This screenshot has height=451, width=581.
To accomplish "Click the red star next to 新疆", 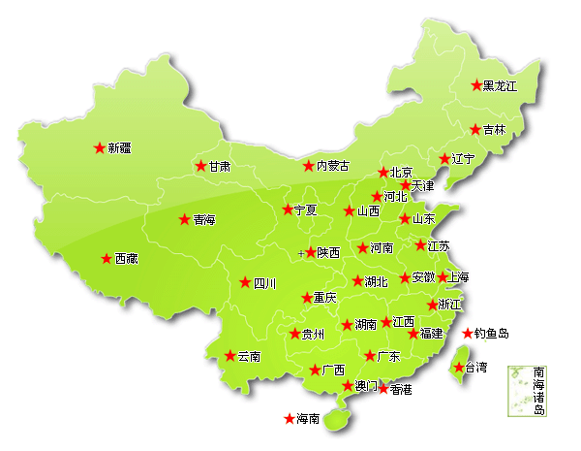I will coord(99,148).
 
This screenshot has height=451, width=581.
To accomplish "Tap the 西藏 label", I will coord(127,259).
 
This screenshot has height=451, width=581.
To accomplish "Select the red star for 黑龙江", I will coord(475,85).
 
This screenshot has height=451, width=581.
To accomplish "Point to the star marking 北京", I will coord(382,173).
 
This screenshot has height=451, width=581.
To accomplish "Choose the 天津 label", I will coord(423,185).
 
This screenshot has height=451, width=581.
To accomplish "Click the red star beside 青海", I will coord(184,219).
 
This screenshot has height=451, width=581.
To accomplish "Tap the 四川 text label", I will coord(264,283).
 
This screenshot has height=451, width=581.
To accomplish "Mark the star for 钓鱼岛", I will coord(468,334).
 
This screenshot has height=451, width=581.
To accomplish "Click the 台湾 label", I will coord(476,368).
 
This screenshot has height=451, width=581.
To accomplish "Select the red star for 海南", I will coord(289,419).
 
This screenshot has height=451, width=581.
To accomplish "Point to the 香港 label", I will coord(400,389).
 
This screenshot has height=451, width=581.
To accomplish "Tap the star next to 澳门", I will coord(348,386).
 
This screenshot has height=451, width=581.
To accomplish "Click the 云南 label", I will coord(248,356).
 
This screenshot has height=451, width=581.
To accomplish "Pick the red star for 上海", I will coord(442,277).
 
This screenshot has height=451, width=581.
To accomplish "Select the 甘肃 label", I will coord(220,166).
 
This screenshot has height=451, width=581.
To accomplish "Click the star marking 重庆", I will coord(305,298).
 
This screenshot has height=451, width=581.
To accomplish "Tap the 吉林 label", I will coord(494,130).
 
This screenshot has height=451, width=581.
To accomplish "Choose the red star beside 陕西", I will coord(311,252).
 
